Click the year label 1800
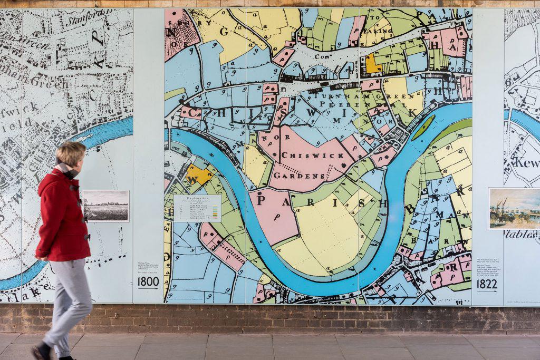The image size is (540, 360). (148, 281)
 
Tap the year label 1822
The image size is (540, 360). (487, 284)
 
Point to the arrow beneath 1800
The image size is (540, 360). (148, 288)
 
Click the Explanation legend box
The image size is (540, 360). (198, 208)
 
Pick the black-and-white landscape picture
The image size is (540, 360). (105, 206)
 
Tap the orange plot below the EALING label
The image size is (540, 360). (372, 64)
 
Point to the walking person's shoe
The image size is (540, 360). (41, 352)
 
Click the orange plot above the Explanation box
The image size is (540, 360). (198, 174)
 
